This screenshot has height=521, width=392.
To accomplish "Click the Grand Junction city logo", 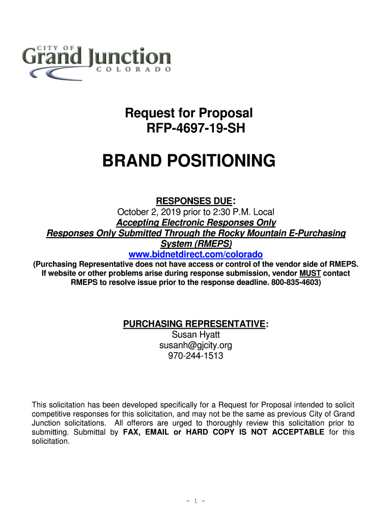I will [96, 60].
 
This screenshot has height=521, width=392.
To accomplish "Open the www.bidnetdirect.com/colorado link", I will [196, 254].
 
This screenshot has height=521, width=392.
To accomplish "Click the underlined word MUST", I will [310, 273].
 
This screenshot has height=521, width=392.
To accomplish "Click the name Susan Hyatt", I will [196, 335].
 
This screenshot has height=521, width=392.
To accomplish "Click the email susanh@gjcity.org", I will [196, 345].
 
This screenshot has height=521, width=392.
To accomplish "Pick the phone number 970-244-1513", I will [196, 356].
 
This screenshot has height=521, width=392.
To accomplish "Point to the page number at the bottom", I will [196, 501].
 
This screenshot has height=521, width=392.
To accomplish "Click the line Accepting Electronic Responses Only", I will [196, 223].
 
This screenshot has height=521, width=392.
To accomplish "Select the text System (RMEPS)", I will [196, 244].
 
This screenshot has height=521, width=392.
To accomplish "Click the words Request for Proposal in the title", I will [189, 113].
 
